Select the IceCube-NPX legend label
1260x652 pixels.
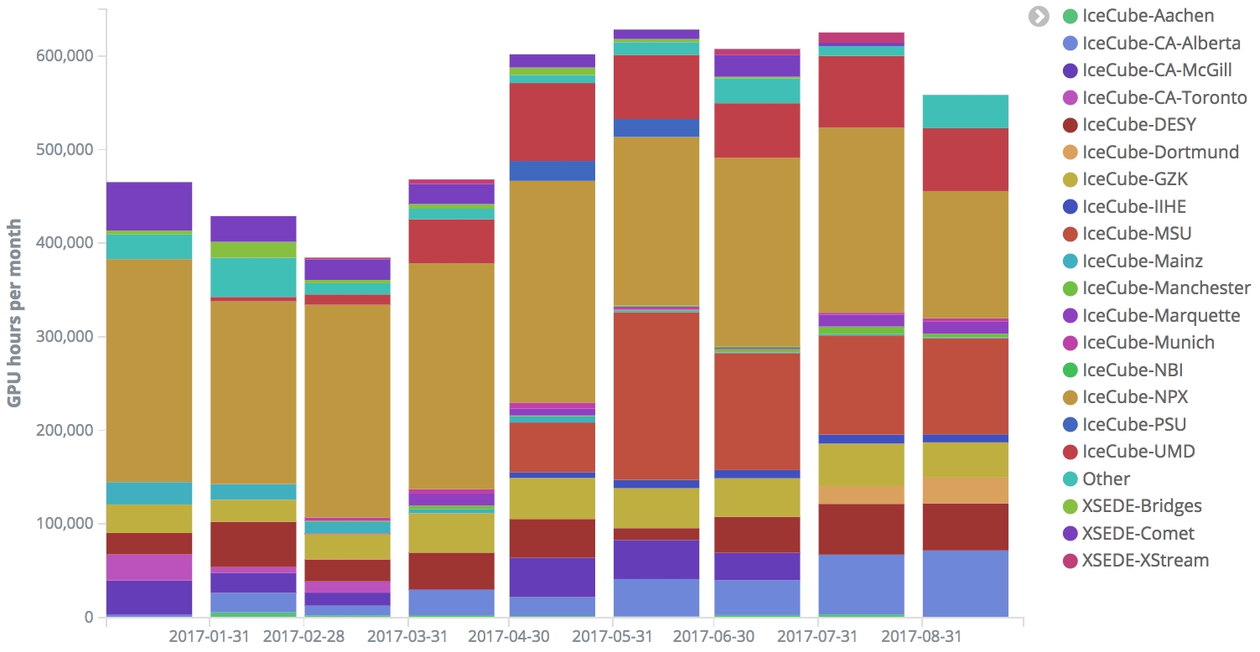[1135, 397]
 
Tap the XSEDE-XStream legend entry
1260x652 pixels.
[1145, 560]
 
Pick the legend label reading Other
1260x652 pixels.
[1107, 479]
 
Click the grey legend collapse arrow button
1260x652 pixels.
[1040, 16]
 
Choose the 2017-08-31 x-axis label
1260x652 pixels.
[921, 636]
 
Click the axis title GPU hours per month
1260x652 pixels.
[15, 313]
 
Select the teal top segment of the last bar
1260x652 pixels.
[965, 111]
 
